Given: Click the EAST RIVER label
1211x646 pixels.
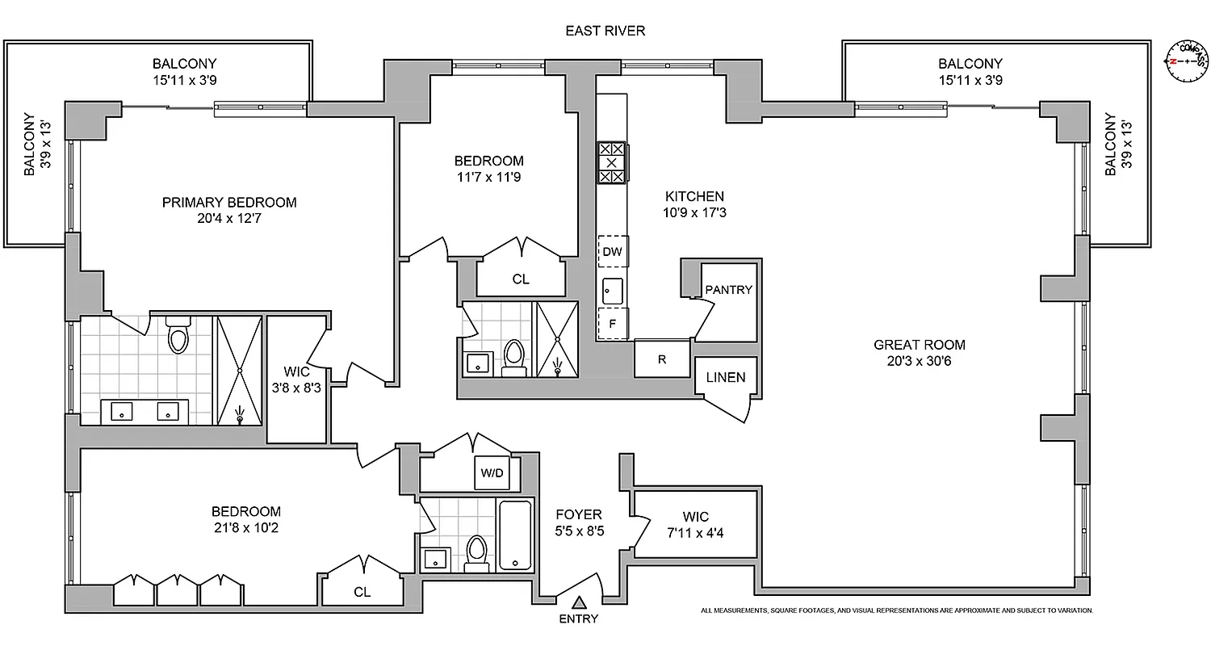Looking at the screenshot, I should tap(605, 31).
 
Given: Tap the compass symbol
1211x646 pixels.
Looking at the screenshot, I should tap(1188, 61).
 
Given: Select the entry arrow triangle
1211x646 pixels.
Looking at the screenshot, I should tap(579, 602).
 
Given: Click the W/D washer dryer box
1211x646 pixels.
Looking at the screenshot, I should tap(492, 473).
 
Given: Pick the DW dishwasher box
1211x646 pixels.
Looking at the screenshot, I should tap(613, 251).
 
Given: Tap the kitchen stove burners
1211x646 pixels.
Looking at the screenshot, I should tap(611, 162).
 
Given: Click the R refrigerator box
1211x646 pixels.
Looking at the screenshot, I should tap(662, 359).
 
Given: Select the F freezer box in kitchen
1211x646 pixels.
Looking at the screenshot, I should tap(613, 323).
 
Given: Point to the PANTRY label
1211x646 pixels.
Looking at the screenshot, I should tap(728, 290).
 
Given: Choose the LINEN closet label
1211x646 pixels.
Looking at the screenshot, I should tap(725, 377).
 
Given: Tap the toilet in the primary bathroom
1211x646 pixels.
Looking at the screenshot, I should tap(178, 335).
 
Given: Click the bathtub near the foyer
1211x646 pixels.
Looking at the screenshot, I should tap(515, 535).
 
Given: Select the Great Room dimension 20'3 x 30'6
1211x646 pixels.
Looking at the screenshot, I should tap(919, 361).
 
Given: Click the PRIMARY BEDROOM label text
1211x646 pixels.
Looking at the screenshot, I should tap(229, 203).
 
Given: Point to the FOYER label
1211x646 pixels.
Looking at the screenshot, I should tap(579, 514).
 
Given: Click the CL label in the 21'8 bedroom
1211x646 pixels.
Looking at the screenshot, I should tap(362, 592).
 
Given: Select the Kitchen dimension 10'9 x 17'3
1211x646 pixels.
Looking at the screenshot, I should tap(694, 213).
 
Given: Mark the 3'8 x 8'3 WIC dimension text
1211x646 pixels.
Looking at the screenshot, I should tap(296, 388).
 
